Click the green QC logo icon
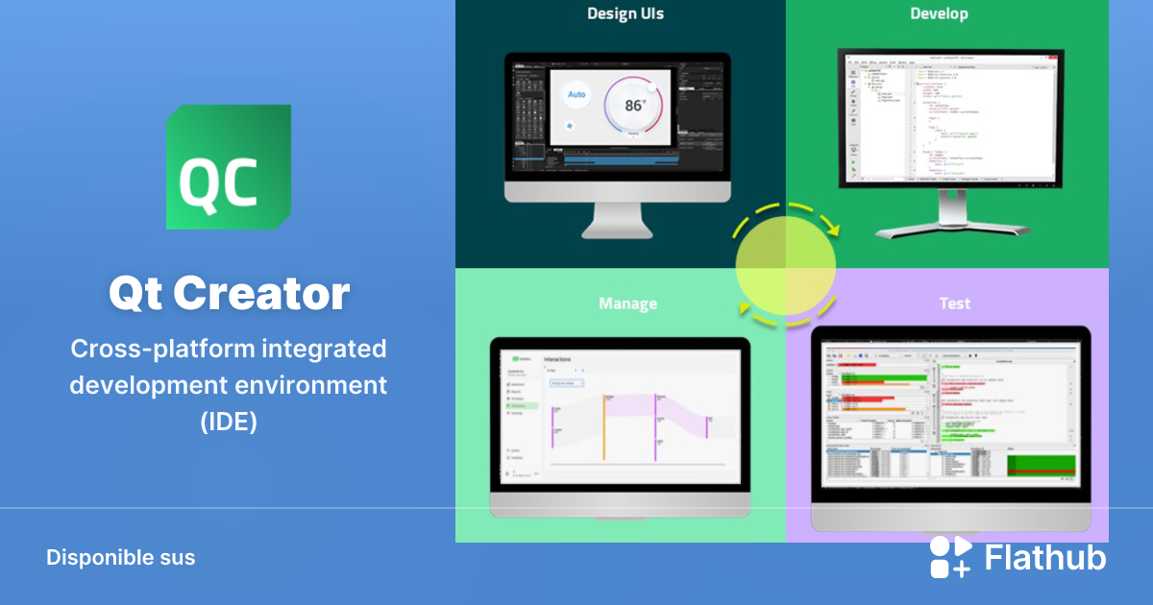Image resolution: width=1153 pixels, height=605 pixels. pyautogui.click(x=229, y=167)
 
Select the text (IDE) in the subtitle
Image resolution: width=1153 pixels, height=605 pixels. pyautogui.click(x=229, y=422)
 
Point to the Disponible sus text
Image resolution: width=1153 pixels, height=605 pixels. pyautogui.click(x=120, y=557)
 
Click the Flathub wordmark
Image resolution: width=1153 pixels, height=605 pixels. pyautogui.click(x=1045, y=558)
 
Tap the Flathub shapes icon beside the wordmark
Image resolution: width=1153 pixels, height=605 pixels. pyautogui.click(x=950, y=557)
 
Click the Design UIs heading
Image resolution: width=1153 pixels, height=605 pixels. pyautogui.click(x=625, y=13)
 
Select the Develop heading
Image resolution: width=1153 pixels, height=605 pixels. pyautogui.click(x=939, y=13)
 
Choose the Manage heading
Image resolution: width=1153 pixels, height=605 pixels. pyautogui.click(x=627, y=303)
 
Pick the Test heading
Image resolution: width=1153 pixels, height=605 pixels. pyautogui.click(x=954, y=303)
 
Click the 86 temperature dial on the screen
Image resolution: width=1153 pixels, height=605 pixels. pyautogui.click(x=635, y=107)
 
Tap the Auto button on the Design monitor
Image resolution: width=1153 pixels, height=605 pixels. pyautogui.click(x=576, y=94)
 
